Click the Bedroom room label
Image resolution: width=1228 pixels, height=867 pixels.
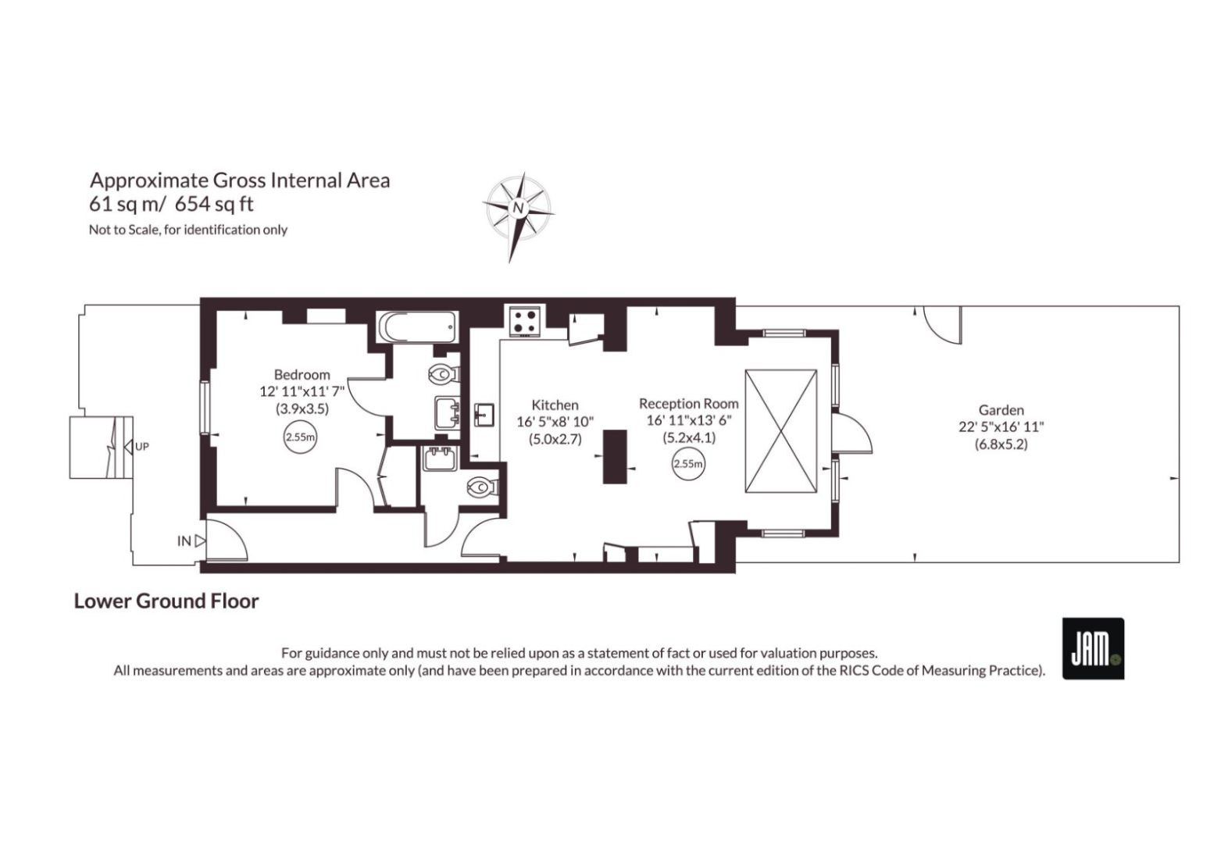[x=302, y=375]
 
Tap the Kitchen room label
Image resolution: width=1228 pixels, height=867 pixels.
[x=555, y=405]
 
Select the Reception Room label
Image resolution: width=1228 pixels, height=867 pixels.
[x=688, y=404]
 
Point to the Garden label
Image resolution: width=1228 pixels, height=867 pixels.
[x=1001, y=410]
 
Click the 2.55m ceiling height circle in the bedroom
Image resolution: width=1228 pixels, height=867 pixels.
[x=301, y=437]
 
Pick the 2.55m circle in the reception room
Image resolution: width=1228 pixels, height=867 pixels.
[x=688, y=464]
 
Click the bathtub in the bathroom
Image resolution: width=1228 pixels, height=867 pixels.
[x=417, y=327]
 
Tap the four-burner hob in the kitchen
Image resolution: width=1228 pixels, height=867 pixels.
[x=526, y=321]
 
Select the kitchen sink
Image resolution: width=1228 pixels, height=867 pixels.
[x=484, y=415]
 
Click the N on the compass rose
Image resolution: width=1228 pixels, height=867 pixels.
[x=517, y=209]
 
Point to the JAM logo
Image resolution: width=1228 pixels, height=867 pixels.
[x=1093, y=649]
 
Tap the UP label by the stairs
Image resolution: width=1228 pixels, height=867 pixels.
[x=141, y=447]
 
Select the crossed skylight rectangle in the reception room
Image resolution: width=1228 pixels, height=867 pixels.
[x=780, y=430]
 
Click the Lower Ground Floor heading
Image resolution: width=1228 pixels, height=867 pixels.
[x=166, y=601]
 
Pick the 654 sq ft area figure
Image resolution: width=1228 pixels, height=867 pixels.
[x=214, y=205]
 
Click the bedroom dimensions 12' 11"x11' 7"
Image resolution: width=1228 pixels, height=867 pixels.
[x=302, y=391]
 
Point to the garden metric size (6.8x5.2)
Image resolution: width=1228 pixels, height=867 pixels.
[x=1001, y=444]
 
